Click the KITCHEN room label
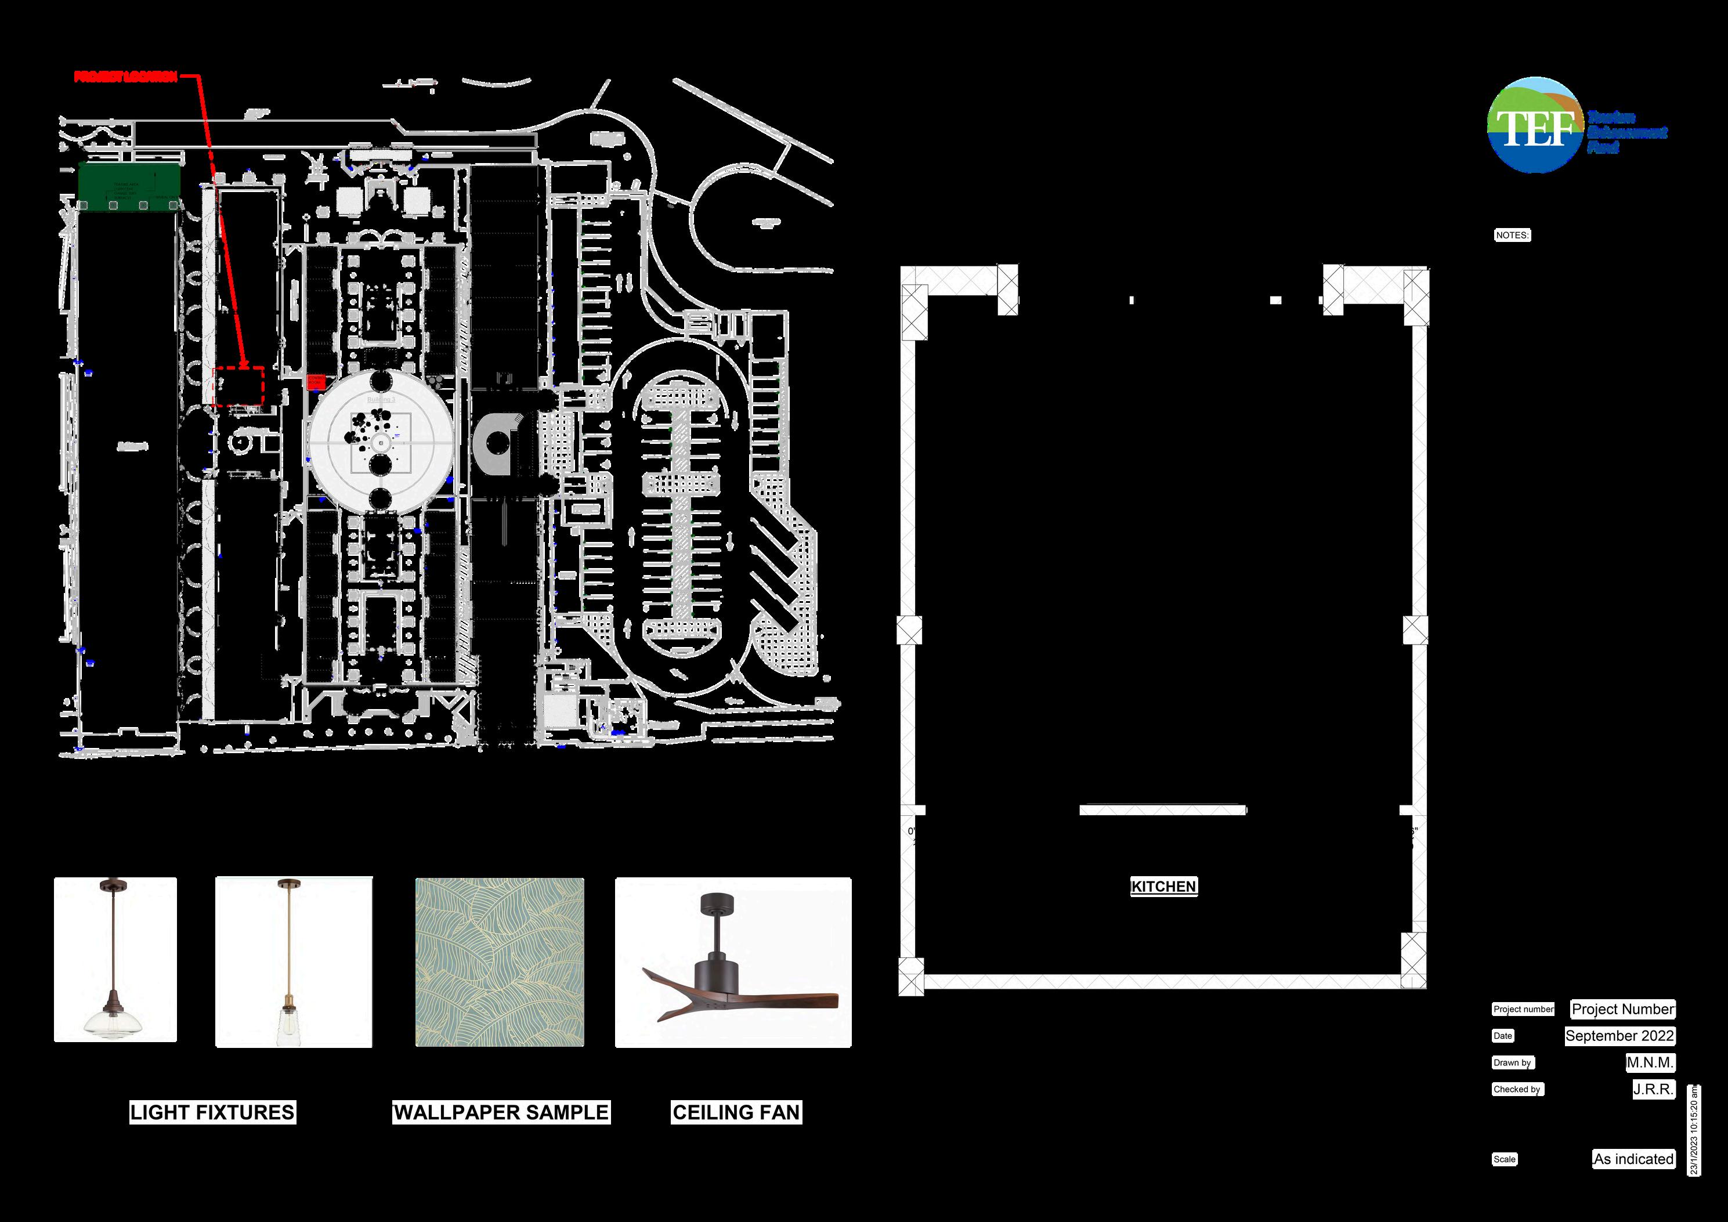(x=1163, y=887)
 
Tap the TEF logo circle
(x=1535, y=125)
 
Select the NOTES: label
(x=1512, y=235)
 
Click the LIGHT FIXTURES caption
(x=212, y=1112)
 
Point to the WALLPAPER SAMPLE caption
(x=501, y=1112)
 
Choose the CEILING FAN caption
(x=736, y=1112)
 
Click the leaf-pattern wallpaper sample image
(x=500, y=961)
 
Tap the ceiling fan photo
(x=733, y=961)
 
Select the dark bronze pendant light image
(x=115, y=959)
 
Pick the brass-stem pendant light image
(x=294, y=961)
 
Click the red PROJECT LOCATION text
(x=126, y=77)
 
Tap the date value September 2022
(x=1619, y=1035)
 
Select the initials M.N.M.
(x=1650, y=1062)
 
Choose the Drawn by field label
(x=1512, y=1062)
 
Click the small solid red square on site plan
(x=316, y=381)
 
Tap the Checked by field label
(x=1517, y=1089)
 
